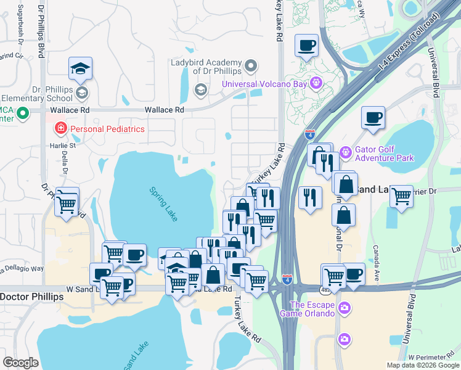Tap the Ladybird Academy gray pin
pos(251,65)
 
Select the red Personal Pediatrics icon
pos(61,129)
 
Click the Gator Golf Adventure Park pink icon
pos(345,150)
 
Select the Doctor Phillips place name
pos(31,297)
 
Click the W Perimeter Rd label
pos(434,358)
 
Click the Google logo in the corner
pos(20,362)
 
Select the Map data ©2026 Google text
pos(423,365)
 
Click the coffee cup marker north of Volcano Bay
pos(306,45)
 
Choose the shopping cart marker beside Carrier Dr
pos(401,196)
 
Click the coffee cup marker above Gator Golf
pos(372,117)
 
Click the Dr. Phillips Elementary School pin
pos(83,94)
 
